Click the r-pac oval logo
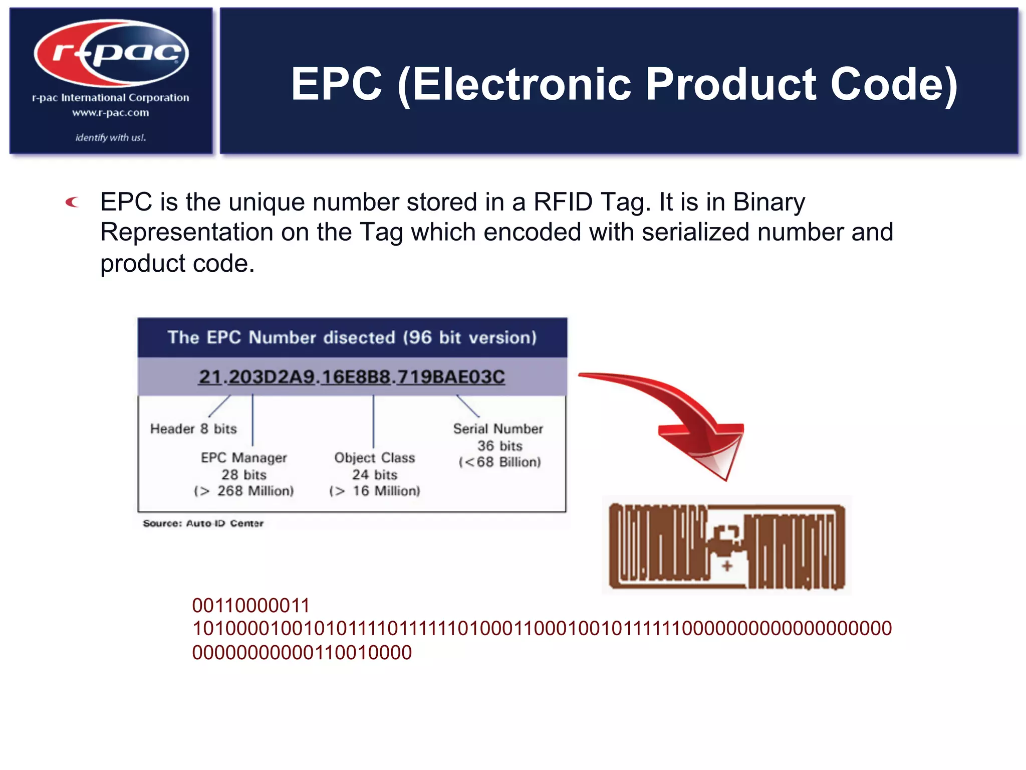(111, 53)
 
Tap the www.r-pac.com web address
(111, 113)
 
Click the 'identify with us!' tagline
(111, 137)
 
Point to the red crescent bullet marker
(73, 202)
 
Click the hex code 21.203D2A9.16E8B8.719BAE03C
(352, 376)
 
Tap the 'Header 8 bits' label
(193, 429)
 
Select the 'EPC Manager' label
(244, 458)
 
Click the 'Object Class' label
(375, 458)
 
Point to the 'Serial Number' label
(498, 429)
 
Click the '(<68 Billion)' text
(500, 462)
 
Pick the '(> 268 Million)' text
(244, 491)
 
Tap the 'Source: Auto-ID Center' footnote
(203, 523)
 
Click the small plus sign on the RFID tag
(727, 566)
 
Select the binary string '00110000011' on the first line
(251, 606)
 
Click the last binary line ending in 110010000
(302, 653)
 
